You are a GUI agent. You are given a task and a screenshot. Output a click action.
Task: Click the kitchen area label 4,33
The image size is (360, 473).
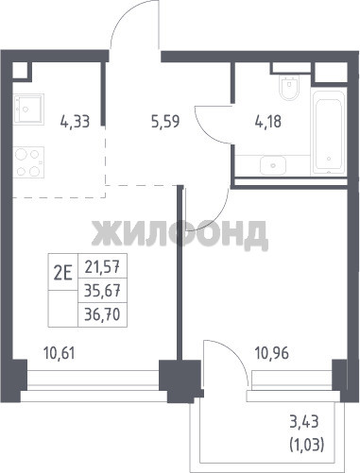click(75, 122)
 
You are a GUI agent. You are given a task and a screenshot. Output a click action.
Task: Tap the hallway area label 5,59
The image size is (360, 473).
click(165, 122)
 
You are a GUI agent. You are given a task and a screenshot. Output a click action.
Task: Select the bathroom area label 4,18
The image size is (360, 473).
click(268, 122)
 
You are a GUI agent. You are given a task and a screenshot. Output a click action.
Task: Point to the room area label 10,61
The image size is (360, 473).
click(60, 353)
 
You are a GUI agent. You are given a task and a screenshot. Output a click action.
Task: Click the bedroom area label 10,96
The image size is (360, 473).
click(272, 353)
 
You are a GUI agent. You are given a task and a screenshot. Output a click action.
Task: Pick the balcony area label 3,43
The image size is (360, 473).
click(304, 422)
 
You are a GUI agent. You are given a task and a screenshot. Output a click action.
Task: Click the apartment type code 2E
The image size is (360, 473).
click(63, 272)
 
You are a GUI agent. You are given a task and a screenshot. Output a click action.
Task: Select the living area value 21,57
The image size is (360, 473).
click(102, 267)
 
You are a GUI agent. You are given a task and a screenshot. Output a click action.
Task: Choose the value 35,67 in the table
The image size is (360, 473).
click(102, 291)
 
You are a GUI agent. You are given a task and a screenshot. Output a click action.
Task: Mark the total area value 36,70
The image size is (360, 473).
click(102, 314)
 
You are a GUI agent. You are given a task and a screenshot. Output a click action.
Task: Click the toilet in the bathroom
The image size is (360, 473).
click(289, 87)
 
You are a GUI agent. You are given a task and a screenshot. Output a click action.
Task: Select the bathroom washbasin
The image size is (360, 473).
click(273, 165)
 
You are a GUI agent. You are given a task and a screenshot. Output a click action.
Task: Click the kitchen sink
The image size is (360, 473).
click(28, 109)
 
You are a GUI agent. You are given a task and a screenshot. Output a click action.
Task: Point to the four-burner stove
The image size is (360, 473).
click(28, 162)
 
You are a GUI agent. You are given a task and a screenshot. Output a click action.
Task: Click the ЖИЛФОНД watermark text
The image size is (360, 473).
click(180, 233)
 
